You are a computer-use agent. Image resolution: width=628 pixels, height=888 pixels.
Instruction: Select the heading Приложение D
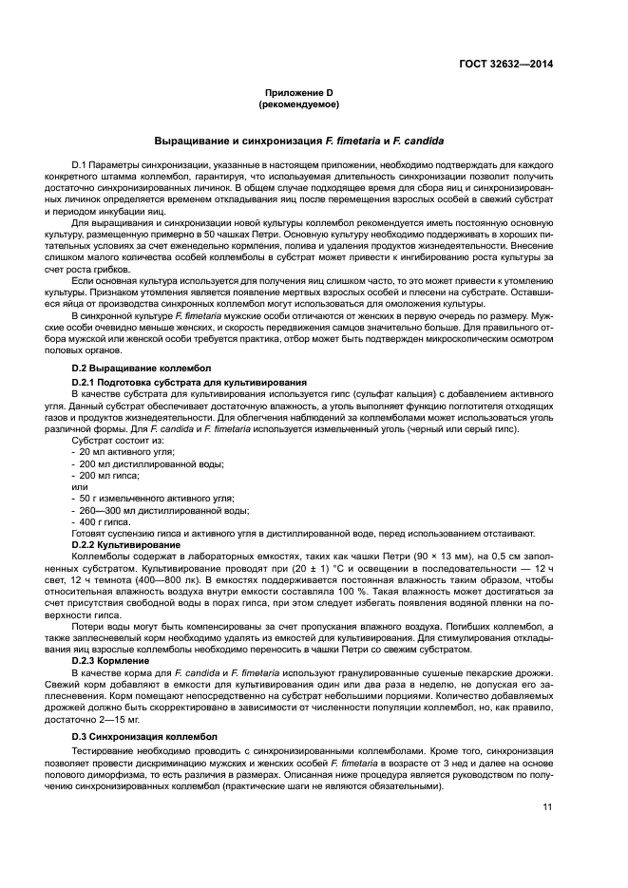click(x=299, y=92)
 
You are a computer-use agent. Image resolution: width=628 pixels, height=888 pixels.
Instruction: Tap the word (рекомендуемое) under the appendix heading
click(x=299, y=104)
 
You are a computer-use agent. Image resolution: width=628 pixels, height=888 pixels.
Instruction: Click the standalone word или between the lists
click(x=79, y=486)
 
